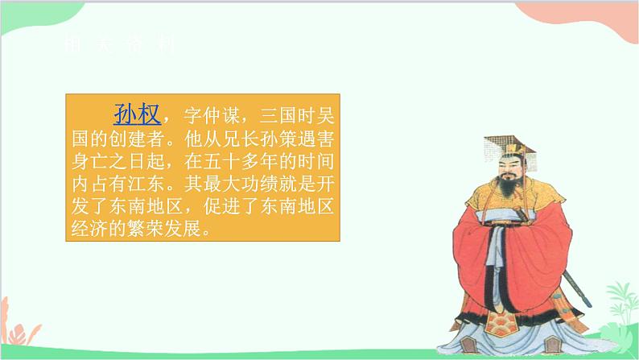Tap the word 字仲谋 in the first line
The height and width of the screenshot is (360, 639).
tap(212, 113)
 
